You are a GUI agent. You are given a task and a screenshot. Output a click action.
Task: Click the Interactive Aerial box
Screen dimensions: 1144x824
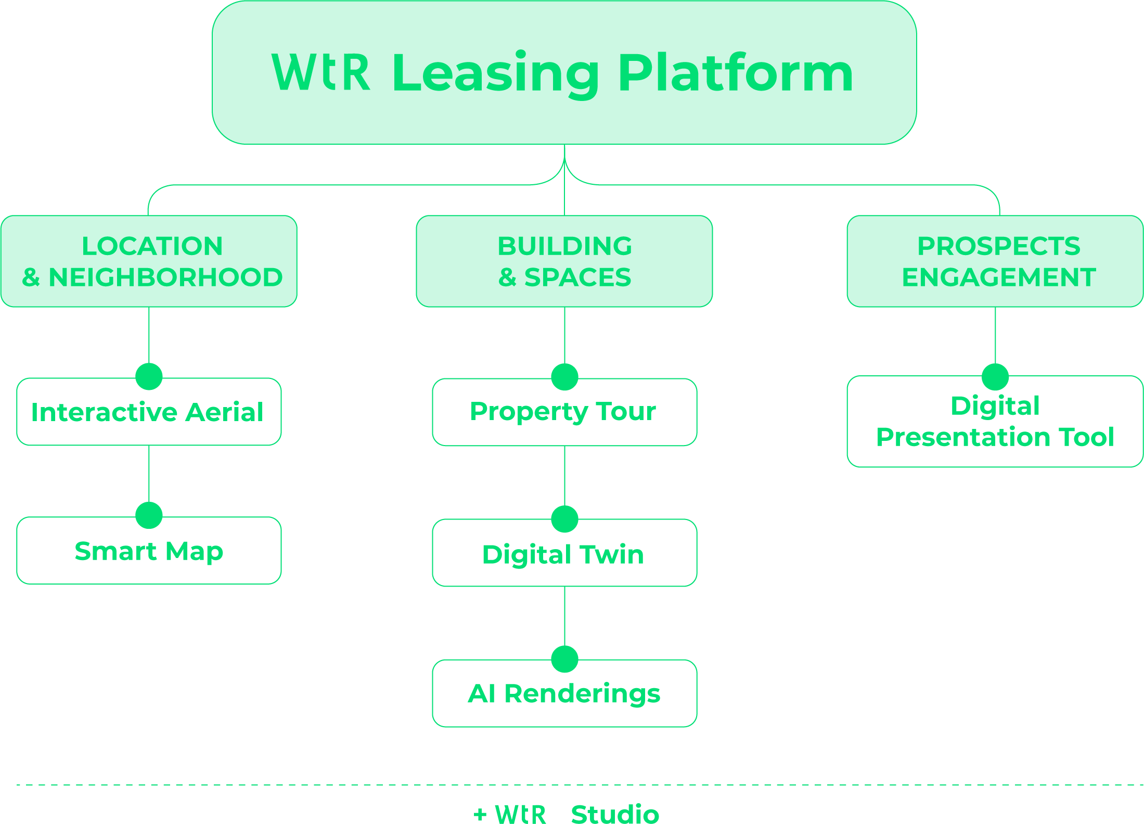click(149, 412)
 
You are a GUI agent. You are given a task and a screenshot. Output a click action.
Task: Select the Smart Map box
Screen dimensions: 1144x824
click(149, 551)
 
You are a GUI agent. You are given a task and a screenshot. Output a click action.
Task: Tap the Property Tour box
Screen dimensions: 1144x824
click(564, 412)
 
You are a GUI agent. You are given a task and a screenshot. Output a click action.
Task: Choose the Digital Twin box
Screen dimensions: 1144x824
click(564, 554)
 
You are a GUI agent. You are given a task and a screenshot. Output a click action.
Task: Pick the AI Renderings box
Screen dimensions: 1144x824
click(564, 693)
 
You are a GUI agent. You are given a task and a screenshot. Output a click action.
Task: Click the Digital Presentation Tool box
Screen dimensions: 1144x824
click(995, 422)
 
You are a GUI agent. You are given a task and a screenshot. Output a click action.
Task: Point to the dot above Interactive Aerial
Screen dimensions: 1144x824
click(149, 376)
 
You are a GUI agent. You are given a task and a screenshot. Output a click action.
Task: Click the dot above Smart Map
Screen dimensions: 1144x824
click(149, 515)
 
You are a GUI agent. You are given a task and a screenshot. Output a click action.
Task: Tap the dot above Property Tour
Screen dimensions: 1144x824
click(564, 377)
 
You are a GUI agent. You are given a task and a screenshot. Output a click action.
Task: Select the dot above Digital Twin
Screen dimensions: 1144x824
click(564, 519)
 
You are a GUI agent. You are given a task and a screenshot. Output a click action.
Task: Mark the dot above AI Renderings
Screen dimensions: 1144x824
click(564, 660)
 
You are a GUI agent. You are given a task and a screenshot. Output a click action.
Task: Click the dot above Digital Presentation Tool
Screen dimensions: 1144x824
click(995, 377)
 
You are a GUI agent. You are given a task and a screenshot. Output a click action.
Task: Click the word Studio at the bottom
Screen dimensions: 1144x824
click(615, 814)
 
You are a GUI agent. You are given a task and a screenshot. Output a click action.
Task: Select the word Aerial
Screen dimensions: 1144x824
click(224, 412)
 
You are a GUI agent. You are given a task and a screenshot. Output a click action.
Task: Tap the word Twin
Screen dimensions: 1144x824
click(612, 554)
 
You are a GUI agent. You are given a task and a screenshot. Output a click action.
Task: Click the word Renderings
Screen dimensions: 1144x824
click(582, 694)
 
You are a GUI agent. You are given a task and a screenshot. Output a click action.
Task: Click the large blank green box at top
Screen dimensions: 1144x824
click(564, 72)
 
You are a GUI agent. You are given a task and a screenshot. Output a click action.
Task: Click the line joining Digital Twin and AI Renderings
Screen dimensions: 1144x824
click(564, 616)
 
